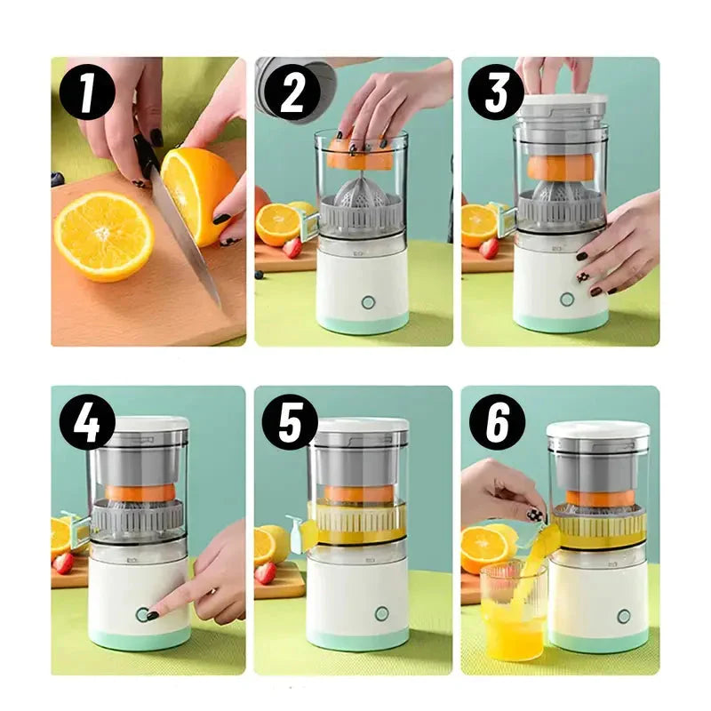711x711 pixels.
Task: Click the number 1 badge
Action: pos(87,93)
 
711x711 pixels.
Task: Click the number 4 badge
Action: pos(87,422)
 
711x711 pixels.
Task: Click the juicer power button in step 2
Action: pos(368,302)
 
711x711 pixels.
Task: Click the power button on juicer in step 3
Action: pos(566,300)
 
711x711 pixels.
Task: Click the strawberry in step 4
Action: pos(62,563)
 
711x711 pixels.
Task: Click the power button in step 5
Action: pos(381,613)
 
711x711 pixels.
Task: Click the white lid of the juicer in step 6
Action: pos(597,430)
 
